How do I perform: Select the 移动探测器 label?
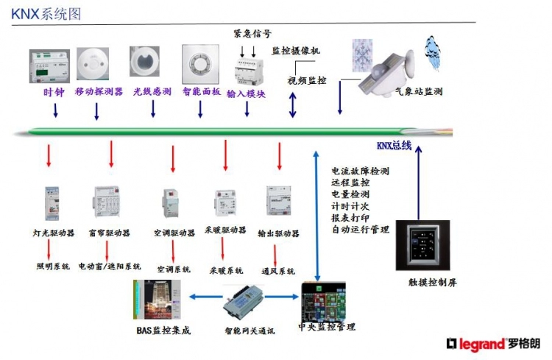(x=98, y=93)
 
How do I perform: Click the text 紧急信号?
(x=252, y=34)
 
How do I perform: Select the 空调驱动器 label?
(x=175, y=233)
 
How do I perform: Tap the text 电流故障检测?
(x=360, y=171)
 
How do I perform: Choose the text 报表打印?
(x=350, y=218)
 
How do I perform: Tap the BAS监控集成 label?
(x=163, y=331)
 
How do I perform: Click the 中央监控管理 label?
(x=326, y=326)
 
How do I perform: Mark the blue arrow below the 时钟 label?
(x=54, y=110)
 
